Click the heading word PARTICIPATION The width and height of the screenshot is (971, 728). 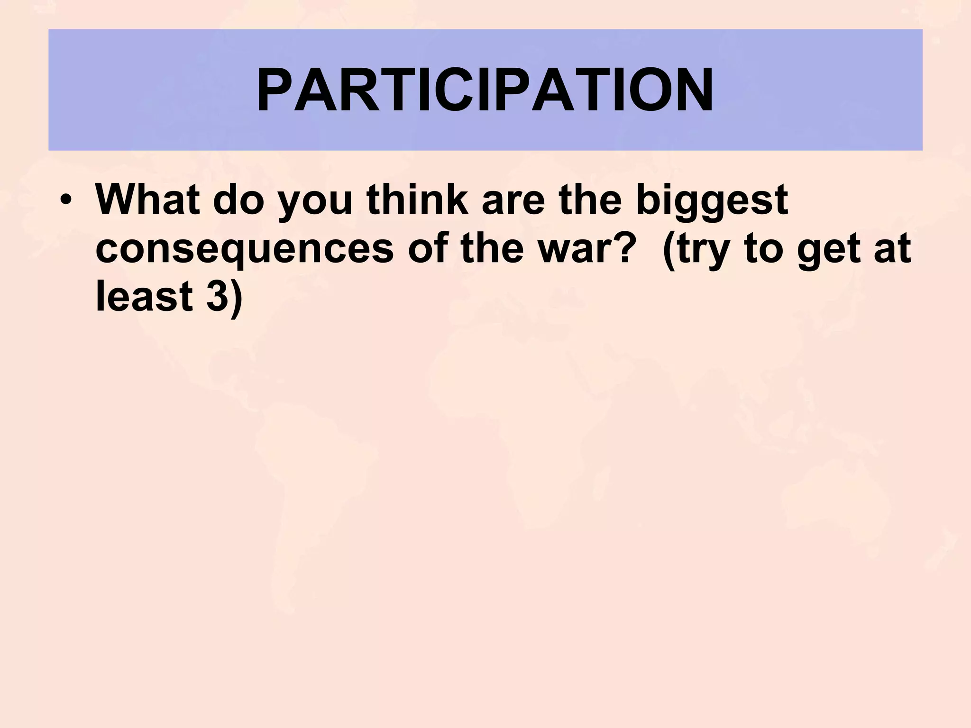tap(485, 90)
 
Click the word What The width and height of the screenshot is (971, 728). tap(147, 199)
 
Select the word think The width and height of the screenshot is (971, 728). tap(417, 199)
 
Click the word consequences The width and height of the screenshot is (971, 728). tap(245, 249)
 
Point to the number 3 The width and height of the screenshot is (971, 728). tap(217, 296)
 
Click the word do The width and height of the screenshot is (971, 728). tap(238, 199)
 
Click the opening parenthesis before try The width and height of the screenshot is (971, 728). tap(669, 249)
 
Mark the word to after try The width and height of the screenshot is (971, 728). tap(764, 249)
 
